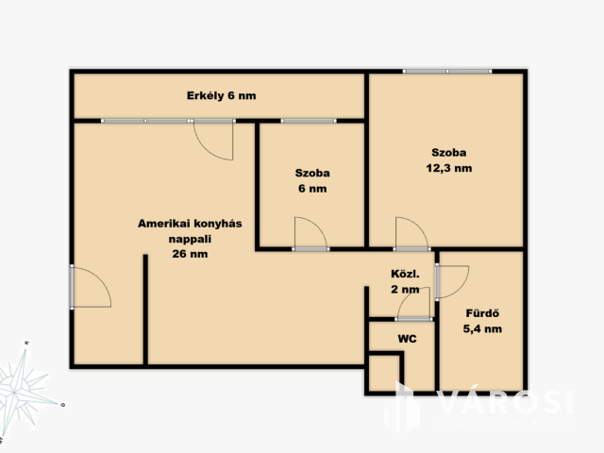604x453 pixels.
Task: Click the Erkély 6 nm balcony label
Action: (x=221, y=95)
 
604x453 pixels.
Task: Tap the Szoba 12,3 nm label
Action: (x=449, y=160)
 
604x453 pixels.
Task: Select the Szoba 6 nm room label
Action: (x=312, y=180)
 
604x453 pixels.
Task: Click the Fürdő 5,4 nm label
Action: (x=482, y=321)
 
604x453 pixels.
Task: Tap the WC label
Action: (x=407, y=339)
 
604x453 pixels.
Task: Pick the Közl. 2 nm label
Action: (x=405, y=281)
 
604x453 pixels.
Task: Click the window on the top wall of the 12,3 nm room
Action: (x=447, y=72)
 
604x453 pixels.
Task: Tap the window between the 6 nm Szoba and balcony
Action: (x=309, y=121)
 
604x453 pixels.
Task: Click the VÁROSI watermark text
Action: (x=506, y=402)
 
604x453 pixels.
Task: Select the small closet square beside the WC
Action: (x=384, y=374)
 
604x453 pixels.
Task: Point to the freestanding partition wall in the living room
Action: (x=145, y=310)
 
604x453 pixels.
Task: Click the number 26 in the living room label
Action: (x=178, y=254)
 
